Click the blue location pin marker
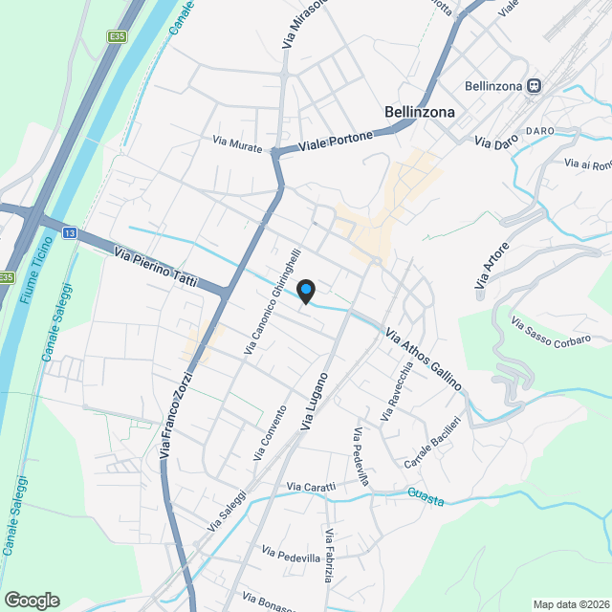click(x=305, y=290)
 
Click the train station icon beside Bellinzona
click(x=535, y=86)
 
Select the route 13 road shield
click(x=70, y=232)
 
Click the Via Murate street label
click(x=236, y=143)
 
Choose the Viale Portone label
click(x=335, y=142)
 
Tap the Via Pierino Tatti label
click(x=155, y=269)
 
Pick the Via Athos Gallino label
click(x=424, y=360)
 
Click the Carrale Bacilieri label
click(x=432, y=443)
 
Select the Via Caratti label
click(x=312, y=488)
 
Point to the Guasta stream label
click(x=426, y=494)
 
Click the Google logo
click(x=32, y=600)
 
